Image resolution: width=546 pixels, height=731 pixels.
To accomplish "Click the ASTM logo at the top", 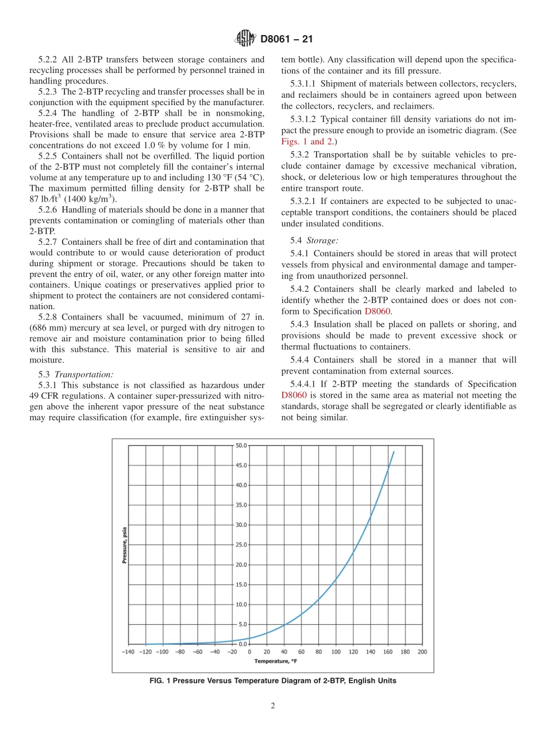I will pyautogui.click(x=245, y=39).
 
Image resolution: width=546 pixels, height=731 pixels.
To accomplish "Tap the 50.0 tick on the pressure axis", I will pyautogui.click(x=241, y=445).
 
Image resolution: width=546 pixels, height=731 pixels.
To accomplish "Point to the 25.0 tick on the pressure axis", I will pyautogui.click(x=241, y=545).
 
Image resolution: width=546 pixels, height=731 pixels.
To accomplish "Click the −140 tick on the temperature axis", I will pyautogui.click(x=128, y=652).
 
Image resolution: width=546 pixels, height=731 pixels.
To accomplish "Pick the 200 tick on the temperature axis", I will pyautogui.click(x=422, y=652).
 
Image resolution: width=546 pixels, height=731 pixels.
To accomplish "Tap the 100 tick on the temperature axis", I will pyautogui.click(x=336, y=652).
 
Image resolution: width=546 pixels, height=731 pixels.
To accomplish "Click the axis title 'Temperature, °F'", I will pyautogui.click(x=276, y=661).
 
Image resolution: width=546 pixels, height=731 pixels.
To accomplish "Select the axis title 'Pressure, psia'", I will pyautogui.click(x=124, y=544).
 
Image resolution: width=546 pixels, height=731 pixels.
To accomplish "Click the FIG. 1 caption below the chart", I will pyautogui.click(x=273, y=681).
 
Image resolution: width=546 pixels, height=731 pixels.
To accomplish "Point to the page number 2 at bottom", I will pyautogui.click(x=273, y=706).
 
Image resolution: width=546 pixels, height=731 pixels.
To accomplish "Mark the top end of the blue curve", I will pyautogui.click(x=394, y=452).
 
